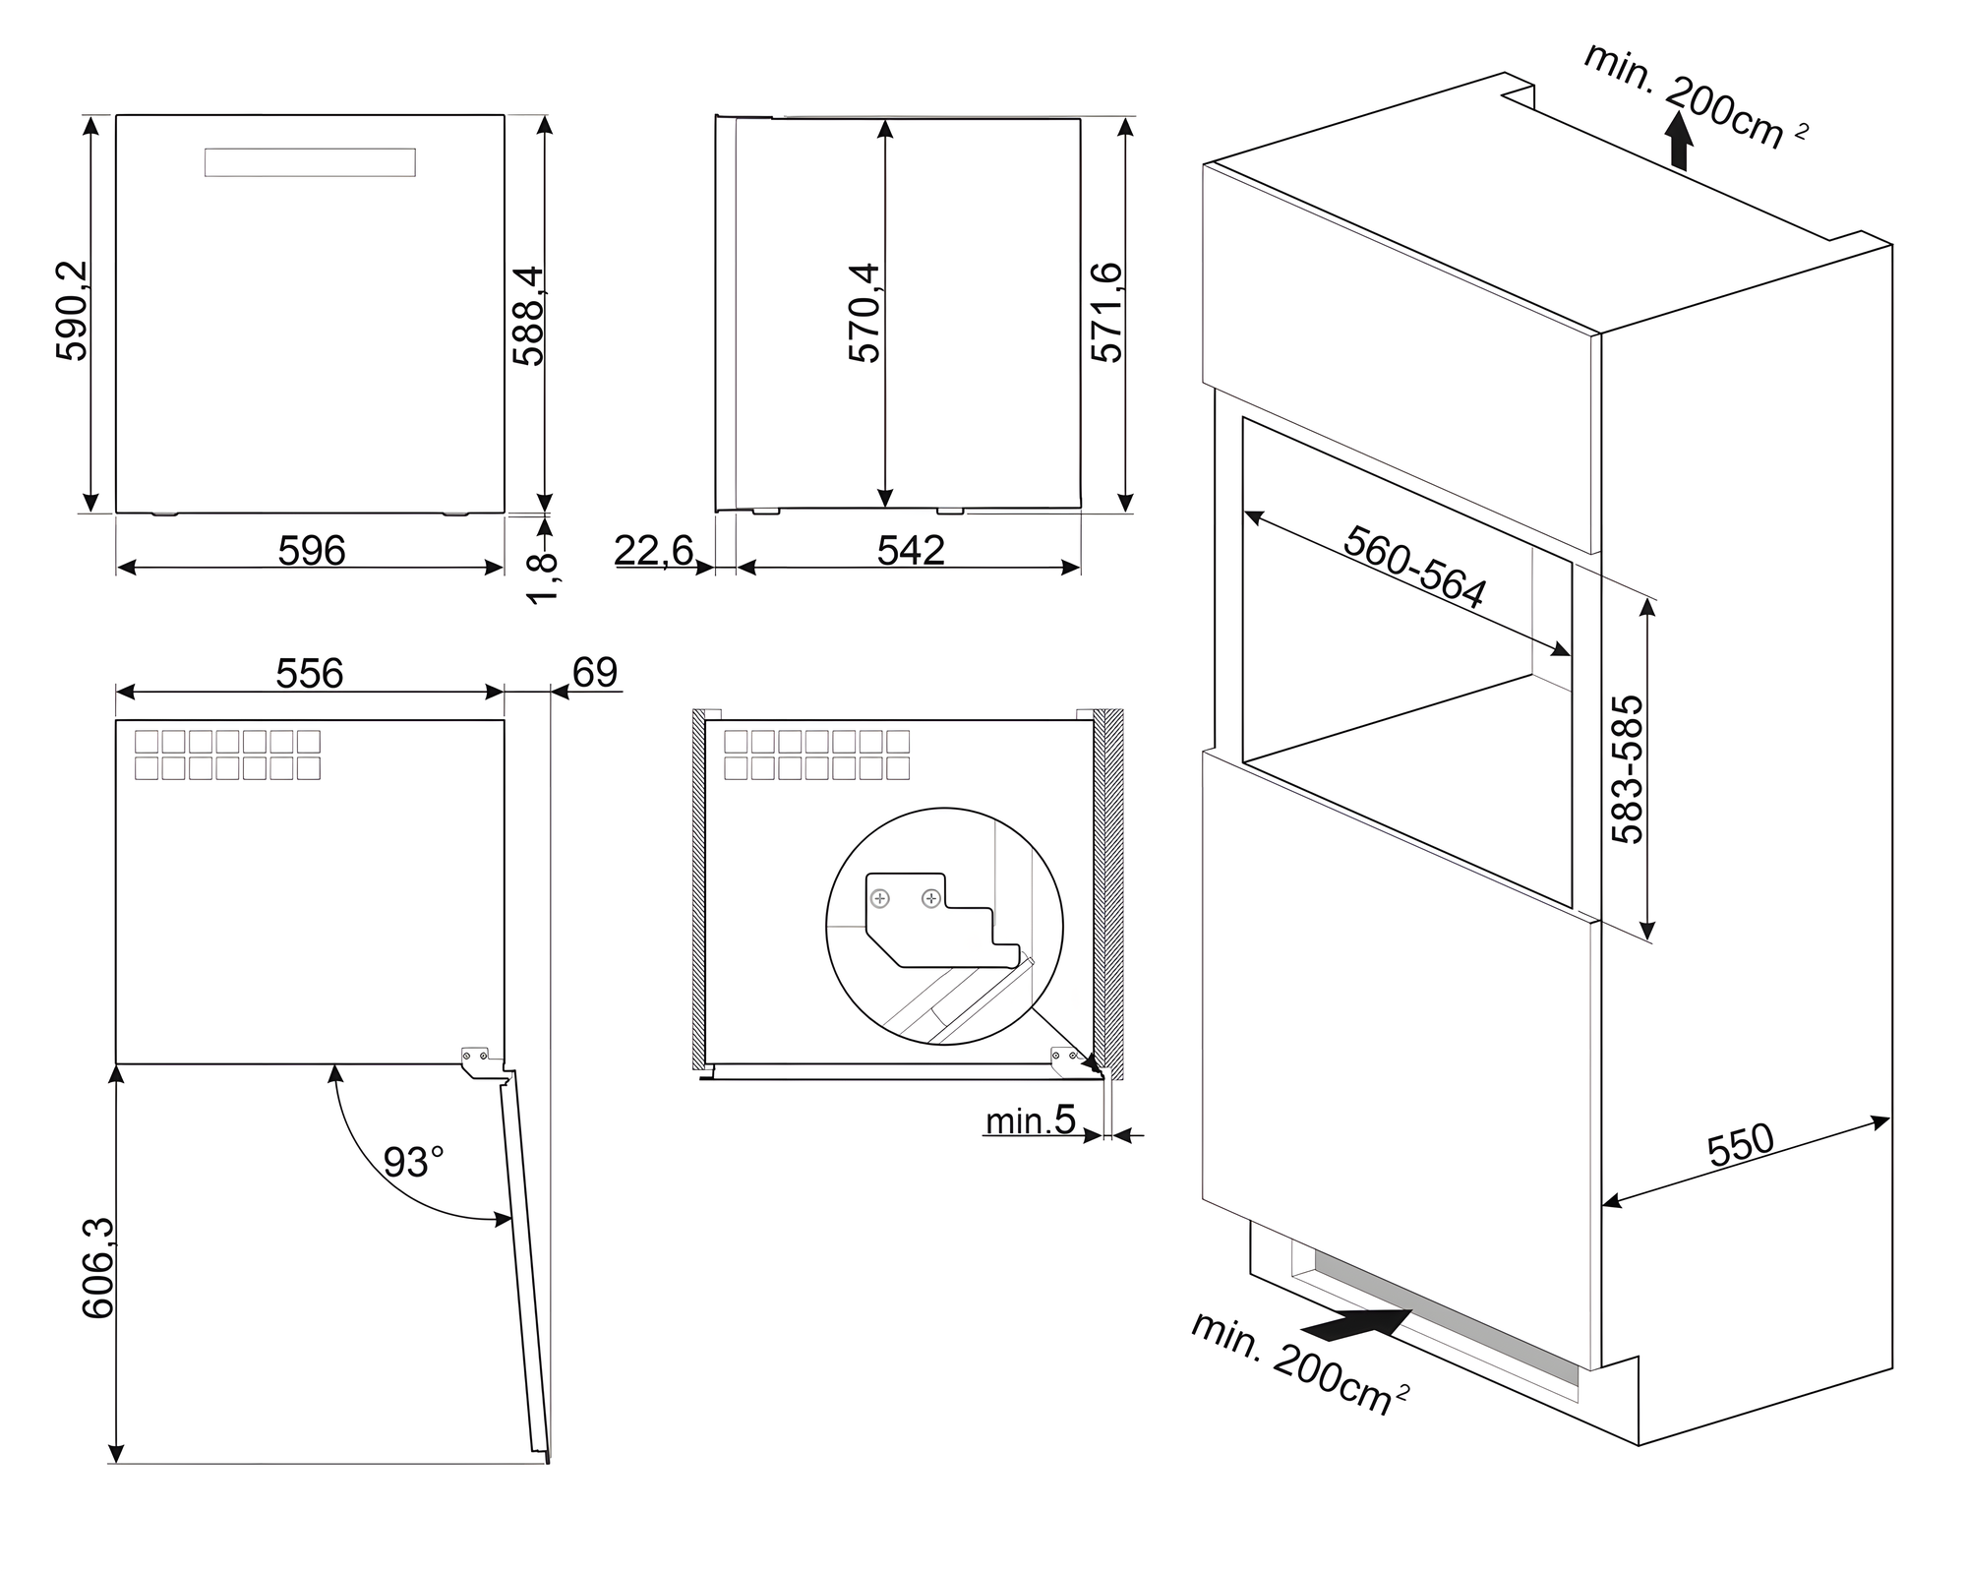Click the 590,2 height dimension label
click(x=73, y=311)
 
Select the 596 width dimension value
click(x=312, y=551)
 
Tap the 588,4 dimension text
click(x=528, y=316)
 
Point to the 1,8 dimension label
click(x=543, y=579)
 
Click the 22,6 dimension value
click(x=654, y=550)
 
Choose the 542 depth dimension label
click(x=911, y=550)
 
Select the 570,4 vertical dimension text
click(x=864, y=313)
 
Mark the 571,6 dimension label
click(x=1106, y=313)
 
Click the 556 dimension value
click(x=310, y=674)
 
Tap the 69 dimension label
click(x=595, y=673)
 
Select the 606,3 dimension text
click(x=98, y=1268)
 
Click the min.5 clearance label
click(x=1031, y=1120)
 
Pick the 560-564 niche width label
click(x=1415, y=567)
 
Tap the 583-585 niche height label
click(x=1628, y=769)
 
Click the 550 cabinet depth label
click(x=1741, y=1145)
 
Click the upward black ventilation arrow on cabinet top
click(x=1680, y=142)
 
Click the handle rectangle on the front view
click(x=310, y=162)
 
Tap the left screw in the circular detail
click(x=881, y=898)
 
